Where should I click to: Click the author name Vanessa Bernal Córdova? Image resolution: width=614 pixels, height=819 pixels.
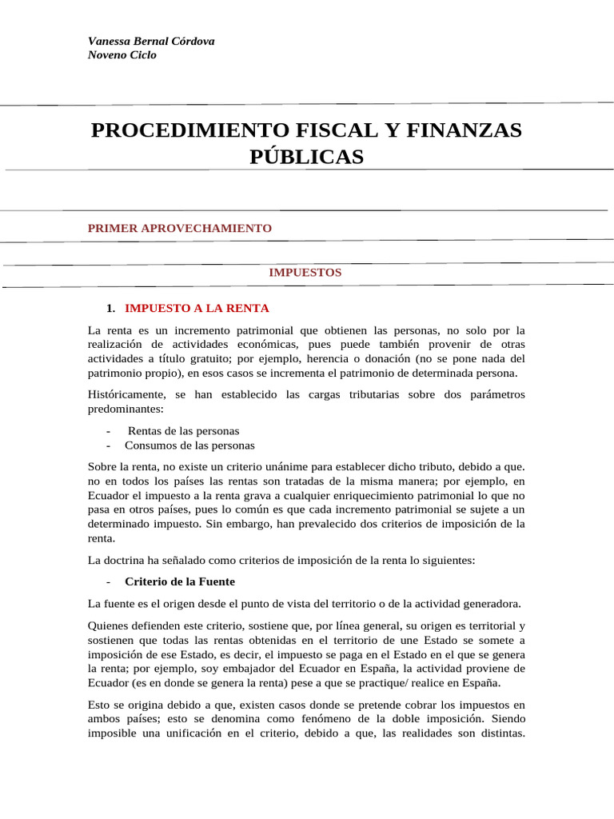[x=150, y=41]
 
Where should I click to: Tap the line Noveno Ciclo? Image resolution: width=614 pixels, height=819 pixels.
[x=122, y=55]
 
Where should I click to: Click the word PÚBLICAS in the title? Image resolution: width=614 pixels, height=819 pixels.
[x=306, y=157]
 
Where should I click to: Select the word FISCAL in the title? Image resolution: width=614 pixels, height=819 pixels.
[x=310, y=130]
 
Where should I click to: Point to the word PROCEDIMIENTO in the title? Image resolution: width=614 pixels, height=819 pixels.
[x=177, y=130]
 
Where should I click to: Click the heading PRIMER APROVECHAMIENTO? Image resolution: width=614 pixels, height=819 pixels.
[x=180, y=228]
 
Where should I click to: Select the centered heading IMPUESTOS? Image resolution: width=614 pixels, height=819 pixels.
[x=305, y=272]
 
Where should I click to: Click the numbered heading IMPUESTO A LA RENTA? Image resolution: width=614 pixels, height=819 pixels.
[x=197, y=308]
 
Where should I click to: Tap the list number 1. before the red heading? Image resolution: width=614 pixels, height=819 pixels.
[x=111, y=309]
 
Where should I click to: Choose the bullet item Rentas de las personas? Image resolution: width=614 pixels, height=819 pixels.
[x=183, y=430]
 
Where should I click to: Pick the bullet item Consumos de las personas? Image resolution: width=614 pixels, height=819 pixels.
[x=189, y=445]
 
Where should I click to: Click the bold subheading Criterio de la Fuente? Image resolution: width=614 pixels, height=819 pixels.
[x=180, y=581]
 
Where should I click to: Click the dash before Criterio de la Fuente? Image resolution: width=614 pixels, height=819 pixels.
[x=107, y=581]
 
